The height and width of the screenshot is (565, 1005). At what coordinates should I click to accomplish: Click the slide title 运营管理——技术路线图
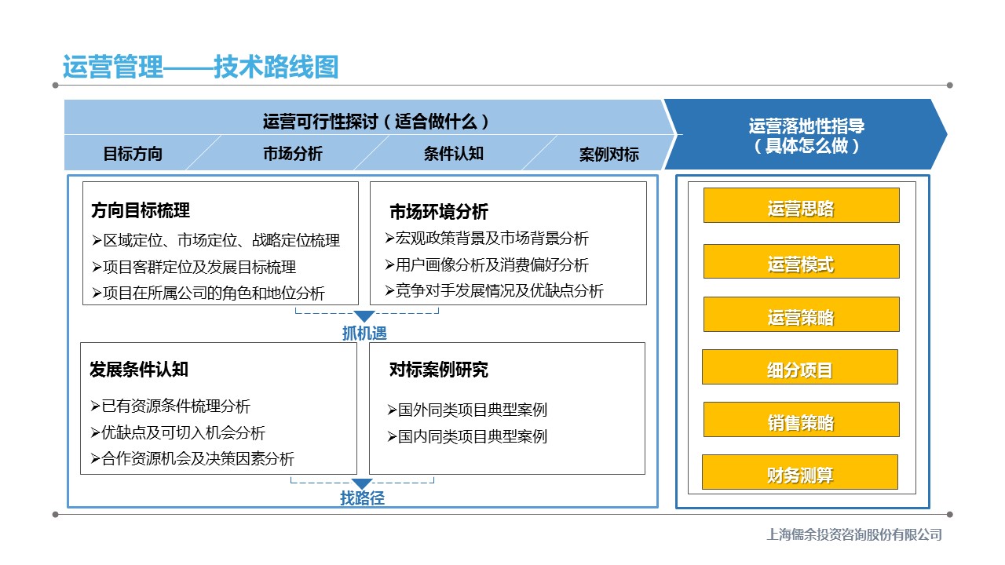(x=200, y=67)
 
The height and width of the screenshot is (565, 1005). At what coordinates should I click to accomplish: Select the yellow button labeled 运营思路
(x=802, y=206)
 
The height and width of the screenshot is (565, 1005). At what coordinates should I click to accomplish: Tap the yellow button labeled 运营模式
(x=802, y=261)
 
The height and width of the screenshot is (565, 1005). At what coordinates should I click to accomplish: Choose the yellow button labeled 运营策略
(x=802, y=315)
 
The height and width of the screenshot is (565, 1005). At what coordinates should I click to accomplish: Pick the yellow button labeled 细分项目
(x=800, y=366)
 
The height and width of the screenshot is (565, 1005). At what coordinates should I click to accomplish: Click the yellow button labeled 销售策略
(x=802, y=420)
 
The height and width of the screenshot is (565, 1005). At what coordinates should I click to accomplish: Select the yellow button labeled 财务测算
(x=800, y=472)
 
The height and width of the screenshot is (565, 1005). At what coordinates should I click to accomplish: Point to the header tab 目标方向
(x=133, y=154)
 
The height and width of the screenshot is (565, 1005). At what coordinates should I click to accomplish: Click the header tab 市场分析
(x=293, y=154)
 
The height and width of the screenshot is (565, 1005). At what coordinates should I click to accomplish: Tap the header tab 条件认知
(x=454, y=154)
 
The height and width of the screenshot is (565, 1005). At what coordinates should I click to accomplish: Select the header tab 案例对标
(x=608, y=155)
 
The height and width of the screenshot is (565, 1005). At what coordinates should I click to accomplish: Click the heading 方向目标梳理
(x=141, y=210)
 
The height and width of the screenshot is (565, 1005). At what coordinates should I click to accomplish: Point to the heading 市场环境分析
(x=439, y=212)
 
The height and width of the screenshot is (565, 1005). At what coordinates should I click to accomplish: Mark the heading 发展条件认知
(x=139, y=370)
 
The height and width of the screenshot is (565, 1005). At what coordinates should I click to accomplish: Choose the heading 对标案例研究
(x=439, y=370)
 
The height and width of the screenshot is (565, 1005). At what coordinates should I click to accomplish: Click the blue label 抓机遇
(x=364, y=334)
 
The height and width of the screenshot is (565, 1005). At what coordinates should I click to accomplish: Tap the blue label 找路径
(x=362, y=498)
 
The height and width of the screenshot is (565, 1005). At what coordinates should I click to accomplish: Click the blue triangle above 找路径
(x=362, y=483)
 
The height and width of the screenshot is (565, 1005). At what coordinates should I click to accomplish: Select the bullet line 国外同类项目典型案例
(x=467, y=410)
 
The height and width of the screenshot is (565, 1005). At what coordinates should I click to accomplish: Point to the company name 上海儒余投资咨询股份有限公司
(x=854, y=534)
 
